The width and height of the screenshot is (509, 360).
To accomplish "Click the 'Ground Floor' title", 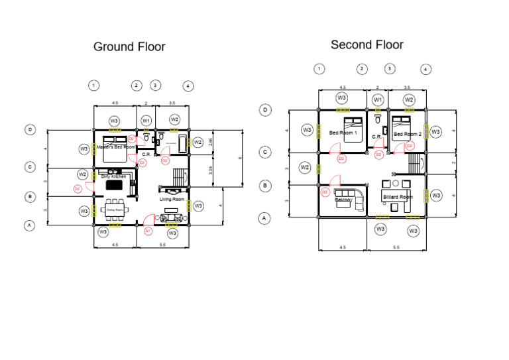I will coord(129,46).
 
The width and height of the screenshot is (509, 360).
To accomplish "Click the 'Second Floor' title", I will coord(367,44).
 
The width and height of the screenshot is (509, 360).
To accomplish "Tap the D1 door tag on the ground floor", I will coord(148,231).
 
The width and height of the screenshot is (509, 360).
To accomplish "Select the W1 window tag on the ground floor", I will coord(147,120).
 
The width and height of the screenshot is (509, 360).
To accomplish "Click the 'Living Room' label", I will coord(172,199).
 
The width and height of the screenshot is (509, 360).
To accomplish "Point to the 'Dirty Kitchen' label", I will coord(113,176).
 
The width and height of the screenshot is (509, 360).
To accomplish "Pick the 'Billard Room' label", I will coord(398,197).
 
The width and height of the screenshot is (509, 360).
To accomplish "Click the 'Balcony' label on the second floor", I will coord(343,199).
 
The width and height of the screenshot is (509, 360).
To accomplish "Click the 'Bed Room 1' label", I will coord(343,133).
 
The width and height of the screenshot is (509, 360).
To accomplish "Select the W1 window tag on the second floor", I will coord(378,99).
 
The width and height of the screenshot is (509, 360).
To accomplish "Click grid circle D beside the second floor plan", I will coord(265,110).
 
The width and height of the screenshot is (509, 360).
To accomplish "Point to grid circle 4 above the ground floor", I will coord(188,86).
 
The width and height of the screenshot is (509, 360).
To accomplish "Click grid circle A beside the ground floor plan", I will coord(29,225).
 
